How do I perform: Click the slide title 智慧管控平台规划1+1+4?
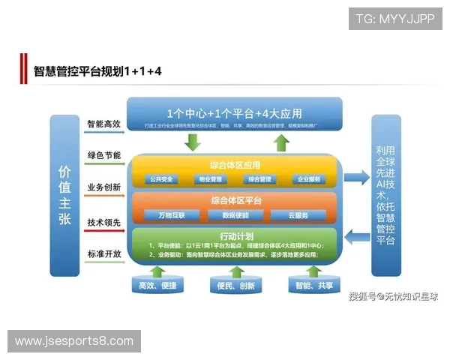pyautogui.click(x=97, y=72)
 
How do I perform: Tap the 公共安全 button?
pyautogui.click(x=161, y=179)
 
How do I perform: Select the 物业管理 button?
pyautogui.click(x=210, y=179)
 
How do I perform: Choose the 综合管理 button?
pyautogui.click(x=259, y=179)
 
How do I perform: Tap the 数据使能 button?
pyautogui.click(x=234, y=215)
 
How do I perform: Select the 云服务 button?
pyautogui.click(x=298, y=215)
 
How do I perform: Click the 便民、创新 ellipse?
pyautogui.click(x=235, y=286)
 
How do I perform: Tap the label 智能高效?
pyautogui.click(x=104, y=124)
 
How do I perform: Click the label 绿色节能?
pyautogui.click(x=104, y=156)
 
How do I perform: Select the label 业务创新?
pyautogui.click(x=104, y=187)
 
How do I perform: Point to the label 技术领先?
pyautogui.click(x=104, y=222)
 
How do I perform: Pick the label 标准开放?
pyautogui.click(x=104, y=254)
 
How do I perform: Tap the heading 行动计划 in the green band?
pyautogui.click(x=235, y=235)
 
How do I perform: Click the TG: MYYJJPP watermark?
pyautogui.click(x=395, y=18)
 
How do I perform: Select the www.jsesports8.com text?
pyautogui.click(x=74, y=341)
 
